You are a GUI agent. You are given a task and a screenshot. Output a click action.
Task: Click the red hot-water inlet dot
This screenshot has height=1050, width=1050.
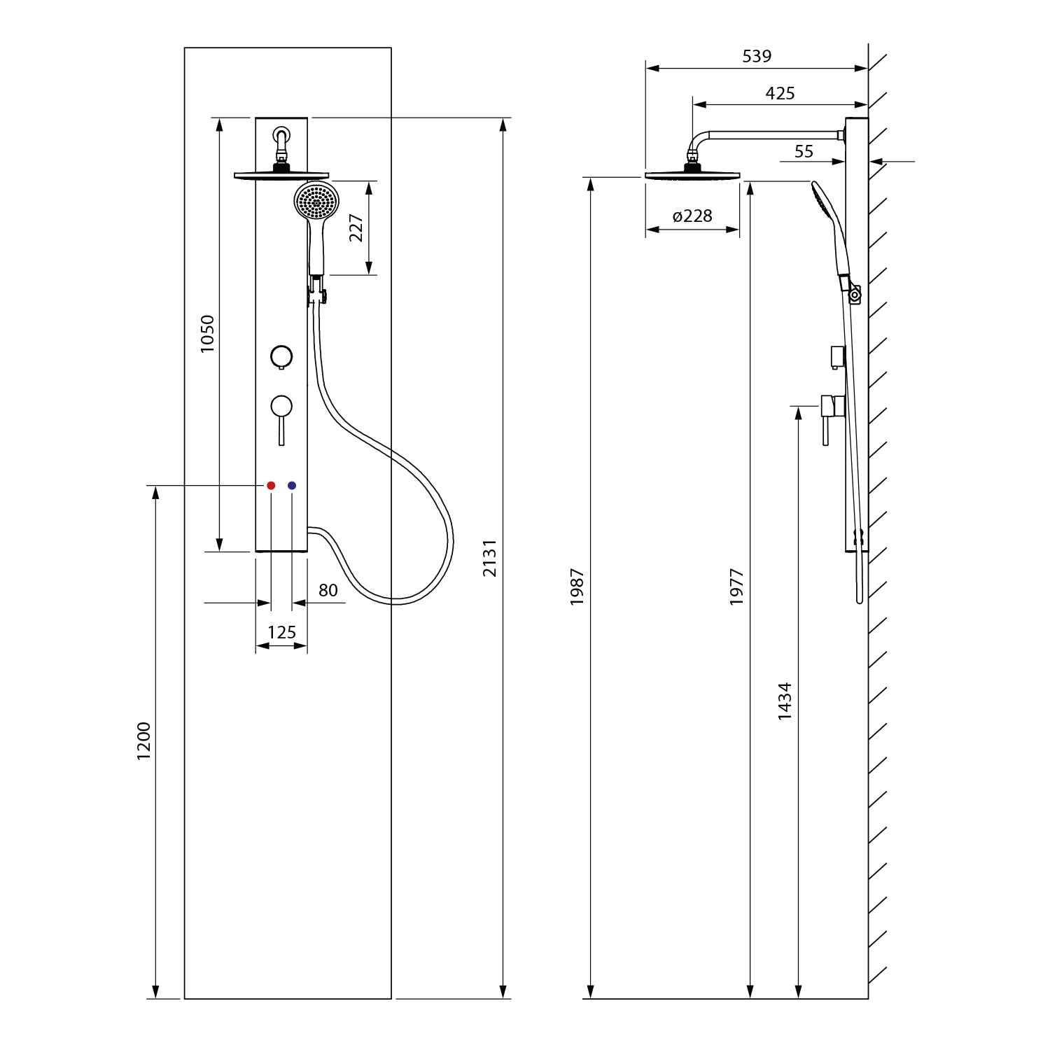(271, 485)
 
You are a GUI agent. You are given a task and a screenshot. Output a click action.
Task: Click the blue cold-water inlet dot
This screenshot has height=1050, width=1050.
(292, 485)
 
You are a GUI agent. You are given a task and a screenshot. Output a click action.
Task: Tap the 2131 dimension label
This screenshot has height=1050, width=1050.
(490, 558)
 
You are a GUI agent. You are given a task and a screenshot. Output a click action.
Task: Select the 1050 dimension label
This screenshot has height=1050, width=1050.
(207, 334)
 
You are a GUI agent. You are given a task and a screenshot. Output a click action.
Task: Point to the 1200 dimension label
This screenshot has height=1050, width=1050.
(143, 741)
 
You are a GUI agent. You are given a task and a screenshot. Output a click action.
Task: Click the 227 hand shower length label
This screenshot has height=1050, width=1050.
(356, 228)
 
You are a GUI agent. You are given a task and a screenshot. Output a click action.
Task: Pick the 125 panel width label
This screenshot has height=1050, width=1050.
(281, 633)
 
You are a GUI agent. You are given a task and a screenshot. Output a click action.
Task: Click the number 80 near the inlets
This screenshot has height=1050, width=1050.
(328, 591)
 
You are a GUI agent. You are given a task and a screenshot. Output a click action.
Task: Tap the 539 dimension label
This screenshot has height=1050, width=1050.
(757, 56)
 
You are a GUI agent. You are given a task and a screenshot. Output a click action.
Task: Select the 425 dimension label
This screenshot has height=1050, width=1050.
(780, 93)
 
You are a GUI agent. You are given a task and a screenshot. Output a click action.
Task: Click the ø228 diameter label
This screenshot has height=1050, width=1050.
(692, 216)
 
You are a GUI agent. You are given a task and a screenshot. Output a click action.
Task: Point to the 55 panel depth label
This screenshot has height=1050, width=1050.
(804, 151)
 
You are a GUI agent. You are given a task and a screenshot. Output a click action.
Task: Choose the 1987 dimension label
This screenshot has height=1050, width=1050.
(577, 587)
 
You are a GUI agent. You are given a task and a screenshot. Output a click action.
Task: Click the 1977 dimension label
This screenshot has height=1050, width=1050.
(736, 587)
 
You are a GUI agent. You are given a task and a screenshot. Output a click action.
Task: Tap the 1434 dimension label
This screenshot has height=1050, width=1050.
(785, 701)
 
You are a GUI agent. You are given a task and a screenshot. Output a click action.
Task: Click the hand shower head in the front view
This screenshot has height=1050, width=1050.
(316, 201)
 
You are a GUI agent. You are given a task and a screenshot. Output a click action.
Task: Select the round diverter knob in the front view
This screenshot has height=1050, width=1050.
(281, 356)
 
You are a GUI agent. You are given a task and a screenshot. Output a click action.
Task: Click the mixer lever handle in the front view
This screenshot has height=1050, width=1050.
(281, 420)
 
